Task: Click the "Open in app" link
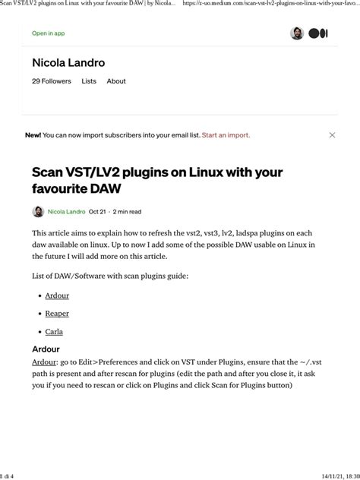[x=48, y=33]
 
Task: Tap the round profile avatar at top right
[x=297, y=33]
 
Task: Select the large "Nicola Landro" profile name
[x=68, y=63]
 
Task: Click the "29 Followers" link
[x=52, y=81]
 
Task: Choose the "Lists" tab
[x=89, y=81]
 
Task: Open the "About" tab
[x=116, y=81]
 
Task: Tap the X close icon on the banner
[x=332, y=135]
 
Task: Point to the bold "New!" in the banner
[x=33, y=135]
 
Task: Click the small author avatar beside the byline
[x=38, y=212]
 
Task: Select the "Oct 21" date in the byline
[x=97, y=212]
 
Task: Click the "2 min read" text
[x=127, y=212]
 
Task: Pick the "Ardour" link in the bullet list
[x=57, y=295]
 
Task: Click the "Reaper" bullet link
[x=57, y=313]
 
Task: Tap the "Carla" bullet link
[x=54, y=331]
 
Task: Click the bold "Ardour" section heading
[x=46, y=349]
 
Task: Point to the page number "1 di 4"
[x=9, y=475]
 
